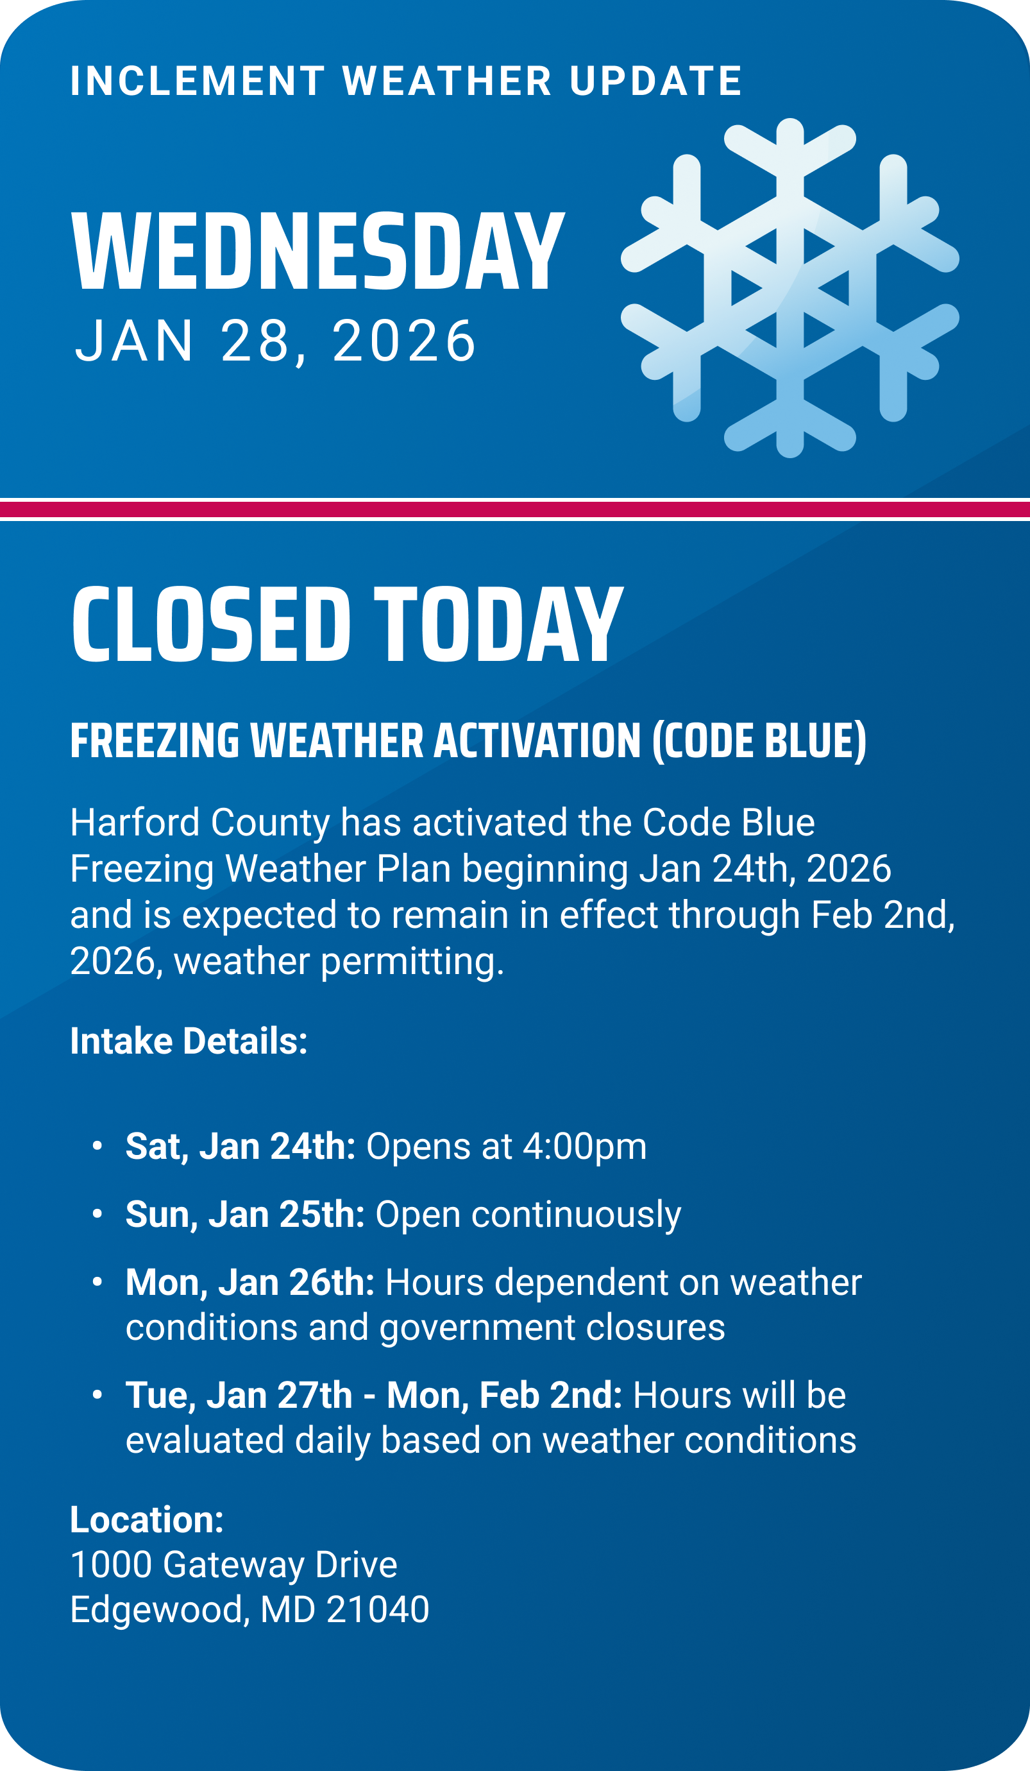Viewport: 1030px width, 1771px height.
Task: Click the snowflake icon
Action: [789, 287]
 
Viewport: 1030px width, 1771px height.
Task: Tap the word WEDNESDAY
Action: [318, 251]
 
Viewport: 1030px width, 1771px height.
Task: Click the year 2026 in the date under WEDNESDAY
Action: [404, 341]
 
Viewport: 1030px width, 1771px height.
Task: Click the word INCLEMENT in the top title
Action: [198, 81]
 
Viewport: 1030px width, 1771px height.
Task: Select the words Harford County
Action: [200, 823]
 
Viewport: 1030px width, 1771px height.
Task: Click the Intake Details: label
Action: [189, 1041]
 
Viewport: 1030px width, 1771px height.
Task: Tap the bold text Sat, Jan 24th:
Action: [241, 1147]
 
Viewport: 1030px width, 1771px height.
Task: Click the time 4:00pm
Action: [584, 1147]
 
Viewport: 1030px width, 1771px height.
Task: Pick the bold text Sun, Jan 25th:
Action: [245, 1215]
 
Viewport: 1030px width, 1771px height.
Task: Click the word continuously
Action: [576, 1215]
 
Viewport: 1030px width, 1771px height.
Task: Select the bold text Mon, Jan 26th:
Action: [250, 1283]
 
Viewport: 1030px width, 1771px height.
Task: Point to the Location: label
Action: [147, 1519]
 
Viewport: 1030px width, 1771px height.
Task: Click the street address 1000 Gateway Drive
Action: [234, 1564]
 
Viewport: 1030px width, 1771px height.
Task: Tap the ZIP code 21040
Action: [378, 1609]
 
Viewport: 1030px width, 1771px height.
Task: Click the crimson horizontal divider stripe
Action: [515, 509]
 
